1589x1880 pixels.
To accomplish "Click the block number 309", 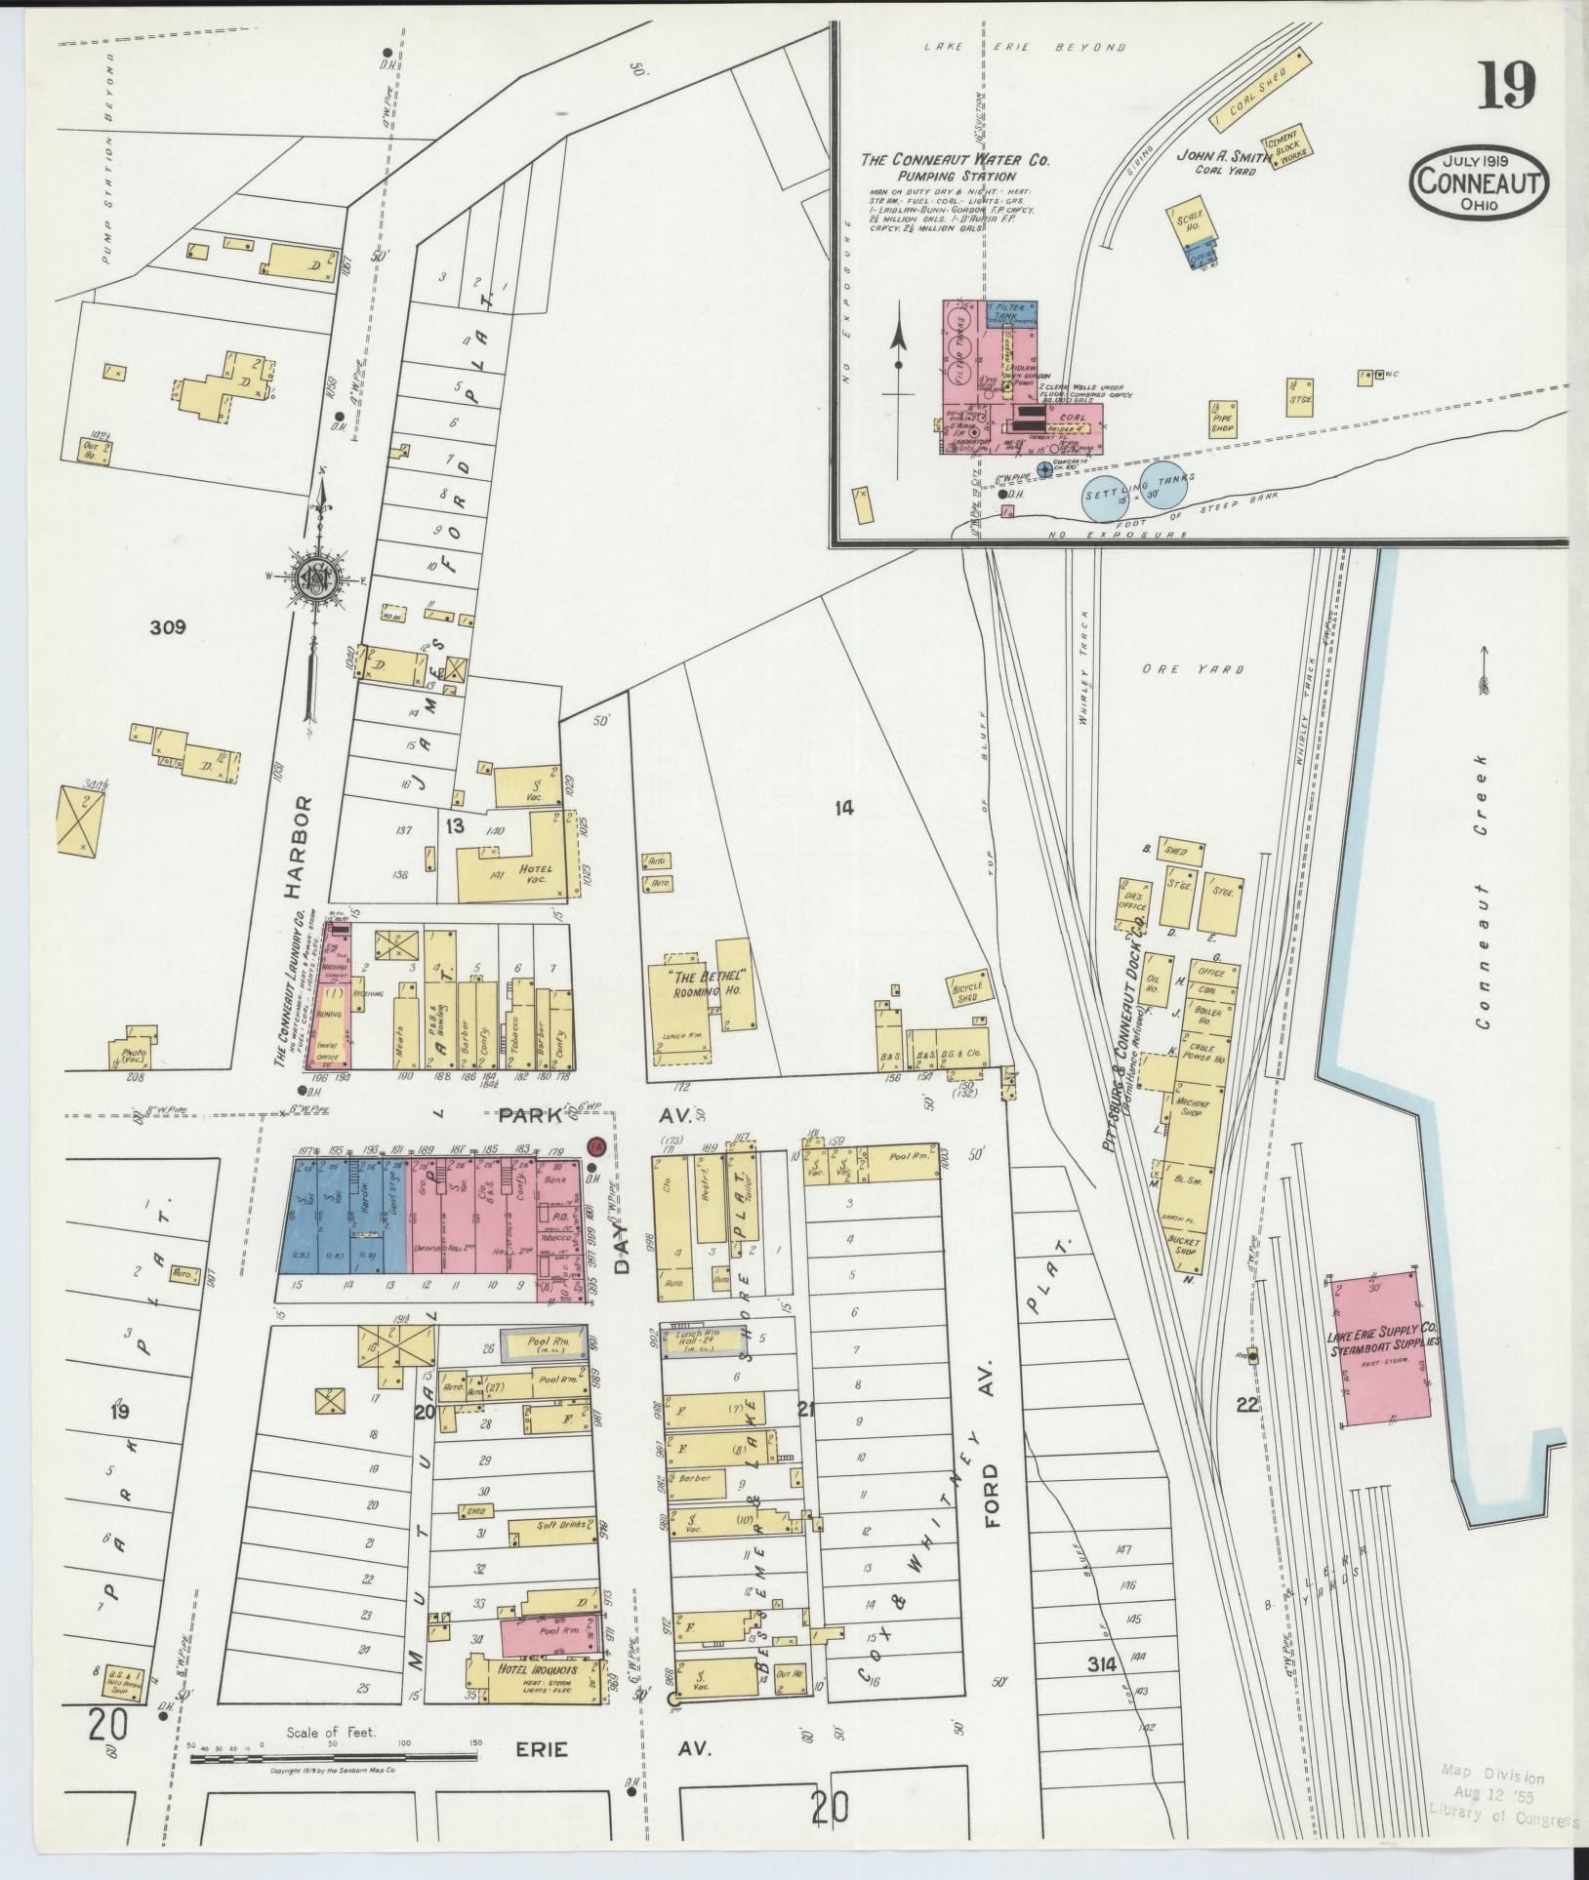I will pos(167,627).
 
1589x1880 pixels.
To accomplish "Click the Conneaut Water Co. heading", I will pos(956,160).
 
